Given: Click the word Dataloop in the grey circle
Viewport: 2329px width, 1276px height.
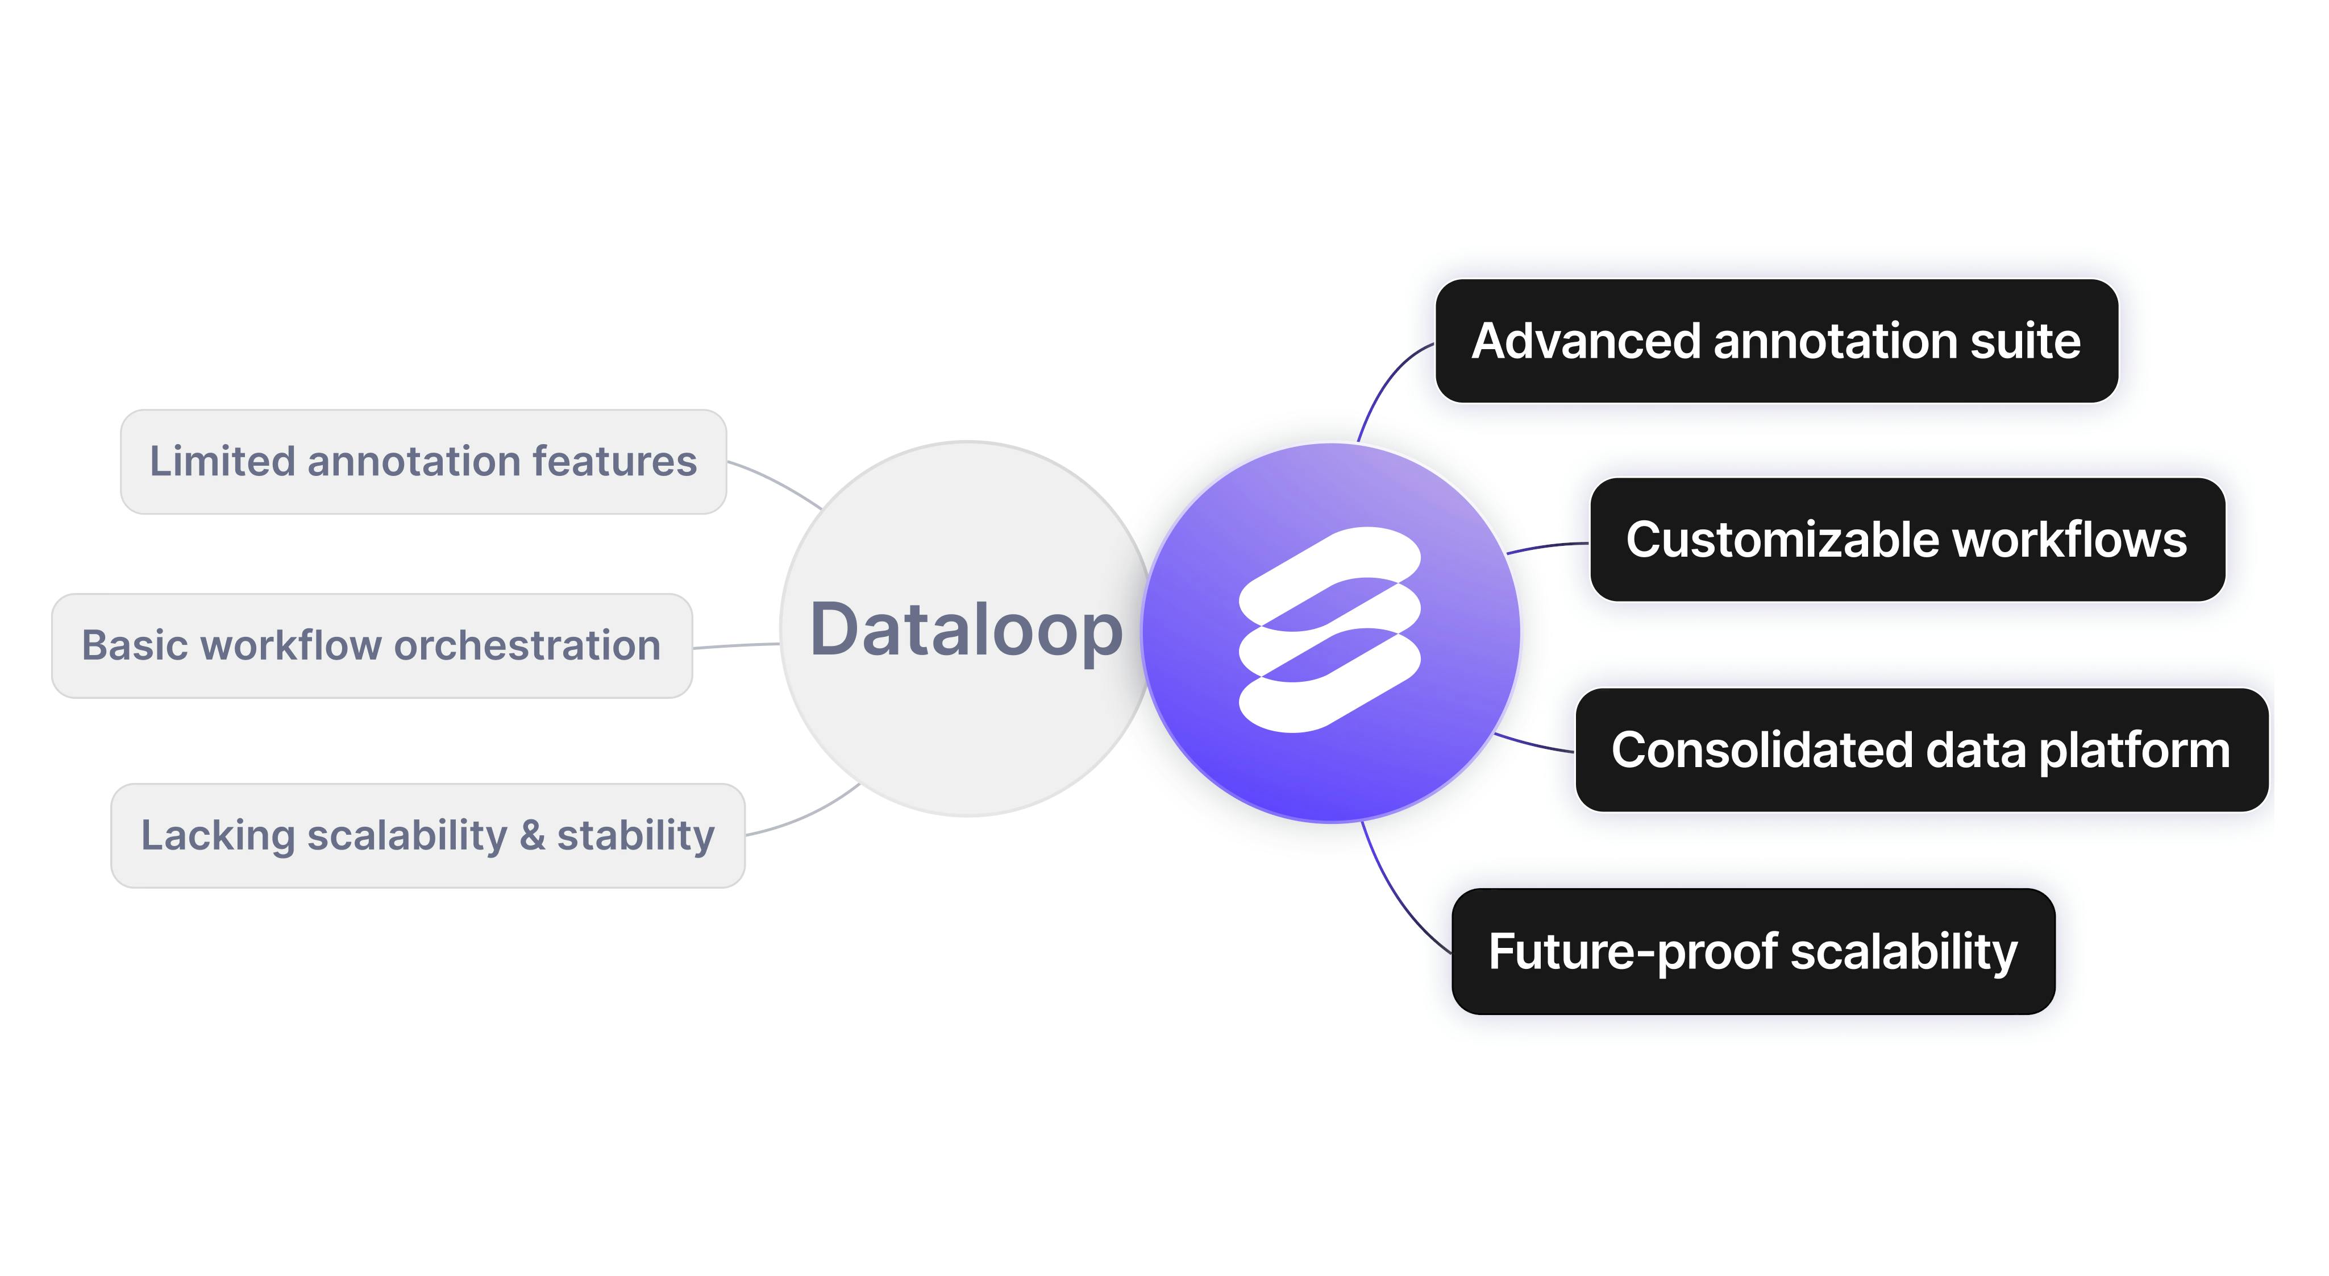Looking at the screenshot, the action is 967,630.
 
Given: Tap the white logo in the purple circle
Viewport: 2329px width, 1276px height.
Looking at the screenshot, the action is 1329,629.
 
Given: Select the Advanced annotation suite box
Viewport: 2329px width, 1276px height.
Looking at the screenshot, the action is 1777,341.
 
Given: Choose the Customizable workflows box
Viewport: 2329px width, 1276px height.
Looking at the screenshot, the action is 1908,540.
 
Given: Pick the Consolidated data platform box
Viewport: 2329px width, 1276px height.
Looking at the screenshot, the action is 1922,749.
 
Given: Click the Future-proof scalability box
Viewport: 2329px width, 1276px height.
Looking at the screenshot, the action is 1753,951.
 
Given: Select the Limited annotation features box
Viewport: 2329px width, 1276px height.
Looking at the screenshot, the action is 423,461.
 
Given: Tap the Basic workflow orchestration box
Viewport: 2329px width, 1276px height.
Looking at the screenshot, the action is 372,646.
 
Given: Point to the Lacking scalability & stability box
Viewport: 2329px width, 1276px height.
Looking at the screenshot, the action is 427,835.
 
